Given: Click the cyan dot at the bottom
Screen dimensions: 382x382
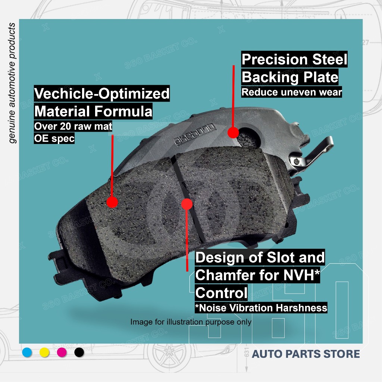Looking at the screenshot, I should coord(27,352).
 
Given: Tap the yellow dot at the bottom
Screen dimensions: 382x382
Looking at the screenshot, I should coord(44,352).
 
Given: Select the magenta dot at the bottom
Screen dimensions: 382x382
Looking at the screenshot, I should coord(62,352).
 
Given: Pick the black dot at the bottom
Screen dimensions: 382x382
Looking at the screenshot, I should coord(79,352).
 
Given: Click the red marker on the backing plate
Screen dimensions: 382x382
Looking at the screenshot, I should coord(233,132).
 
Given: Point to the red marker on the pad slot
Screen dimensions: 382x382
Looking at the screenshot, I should coord(187,204).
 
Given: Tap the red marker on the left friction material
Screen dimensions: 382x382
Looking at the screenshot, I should coord(112,202).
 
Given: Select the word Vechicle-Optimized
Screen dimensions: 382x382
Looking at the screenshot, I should coord(101,94).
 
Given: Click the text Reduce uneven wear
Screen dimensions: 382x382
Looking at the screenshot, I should coord(291,92).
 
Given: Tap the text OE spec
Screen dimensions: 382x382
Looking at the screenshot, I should coord(54,138).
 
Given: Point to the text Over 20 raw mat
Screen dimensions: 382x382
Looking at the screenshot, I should coord(73,126).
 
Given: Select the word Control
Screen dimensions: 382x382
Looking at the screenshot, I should coord(221,293).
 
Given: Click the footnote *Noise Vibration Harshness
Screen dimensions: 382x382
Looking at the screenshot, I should coord(261,308).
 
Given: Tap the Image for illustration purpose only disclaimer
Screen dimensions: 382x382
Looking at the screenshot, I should coord(191,322).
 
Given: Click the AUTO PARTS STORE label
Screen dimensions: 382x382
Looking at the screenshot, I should coord(306,354).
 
